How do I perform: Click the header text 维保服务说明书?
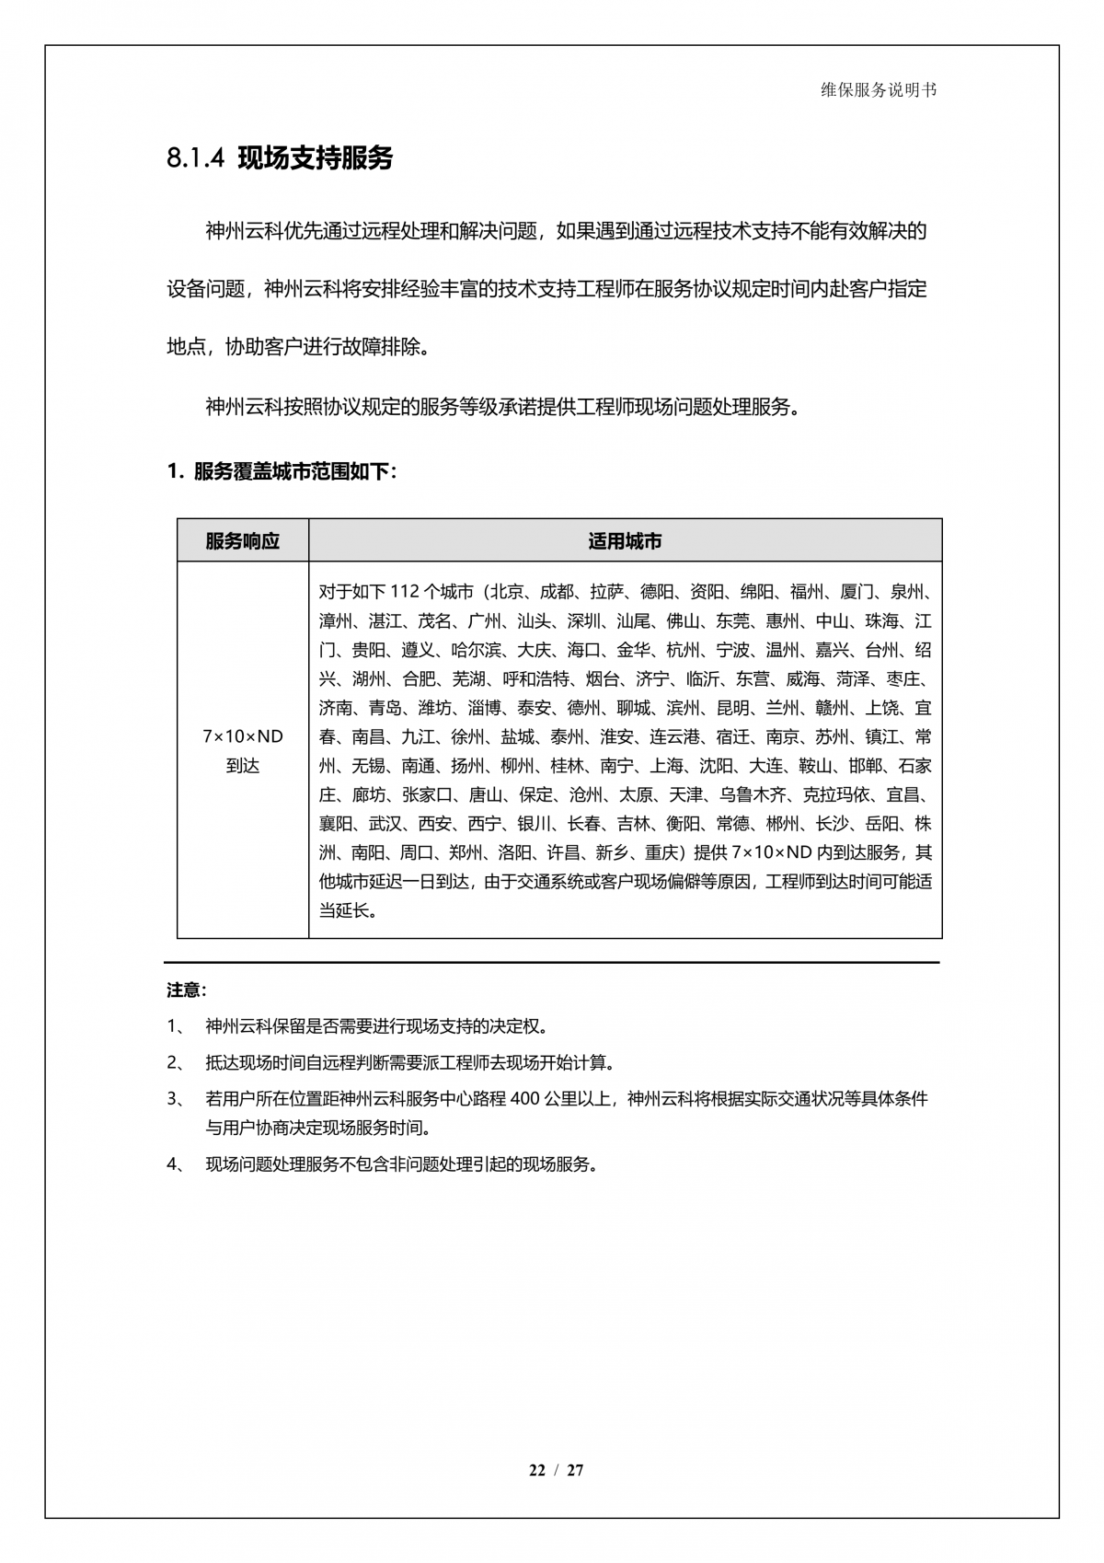(x=879, y=90)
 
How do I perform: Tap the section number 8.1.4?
(x=195, y=158)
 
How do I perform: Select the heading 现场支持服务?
(x=316, y=158)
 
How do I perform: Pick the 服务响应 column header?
(x=242, y=541)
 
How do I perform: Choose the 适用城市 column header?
(x=625, y=541)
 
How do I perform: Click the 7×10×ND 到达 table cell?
(x=243, y=751)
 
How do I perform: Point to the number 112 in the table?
(x=405, y=592)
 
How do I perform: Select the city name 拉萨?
(x=607, y=592)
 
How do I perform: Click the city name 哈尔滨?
(x=477, y=650)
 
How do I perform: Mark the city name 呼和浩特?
(x=535, y=679)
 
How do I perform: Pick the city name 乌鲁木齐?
(x=753, y=794)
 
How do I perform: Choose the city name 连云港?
(x=674, y=737)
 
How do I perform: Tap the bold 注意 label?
(x=186, y=990)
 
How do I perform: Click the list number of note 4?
(x=176, y=1164)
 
